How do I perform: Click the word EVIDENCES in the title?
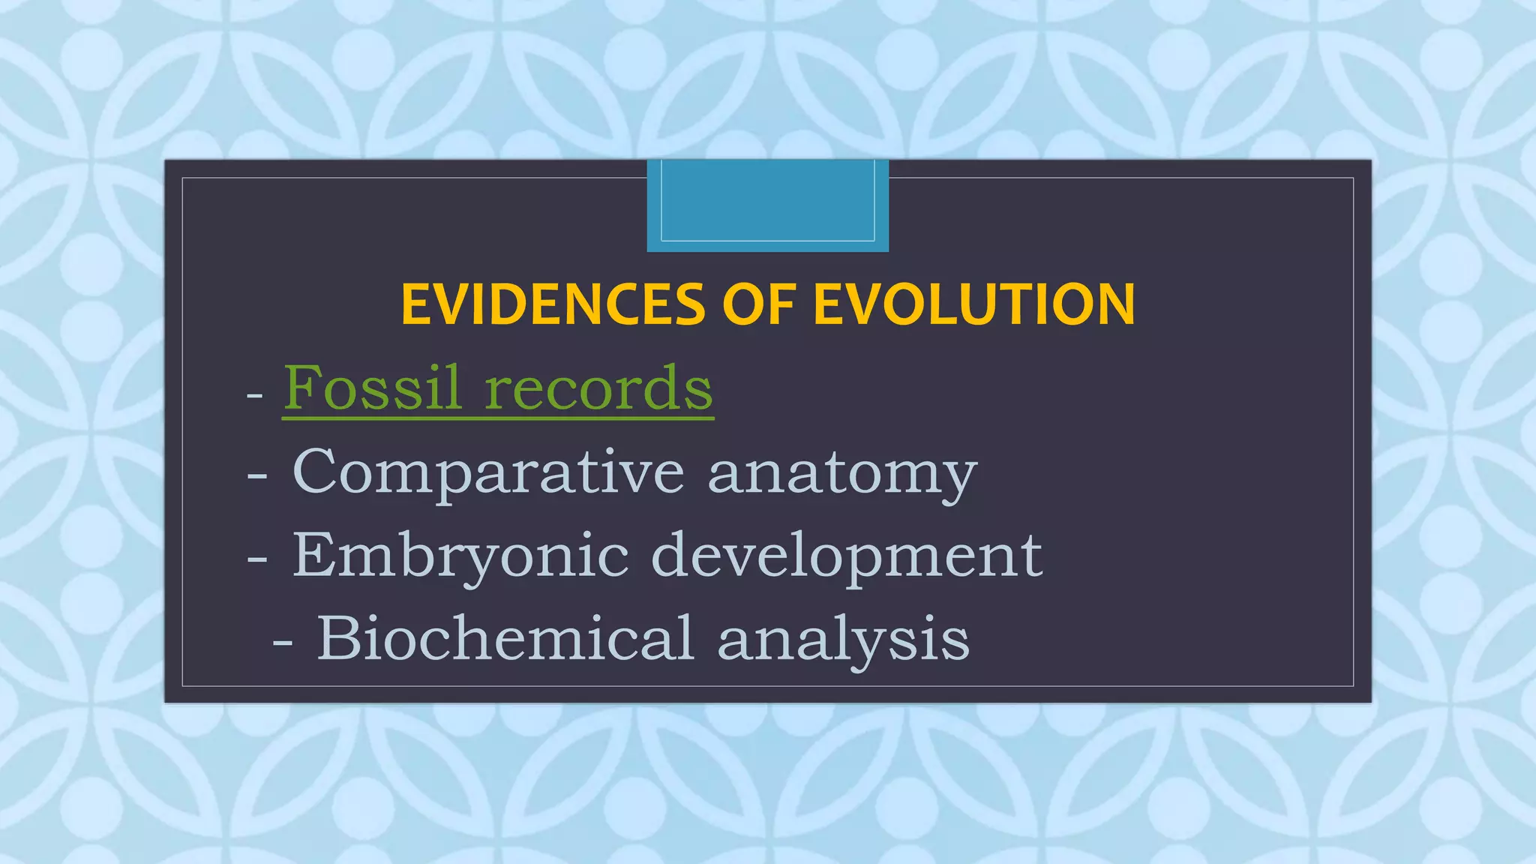pyautogui.click(x=553, y=305)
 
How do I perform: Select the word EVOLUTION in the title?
pyautogui.click(x=974, y=305)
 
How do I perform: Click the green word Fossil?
pyautogui.click(x=372, y=388)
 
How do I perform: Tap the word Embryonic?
pyautogui.click(x=460, y=556)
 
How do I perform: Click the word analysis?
pyautogui.click(x=843, y=640)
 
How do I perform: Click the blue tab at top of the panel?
pyautogui.click(x=767, y=205)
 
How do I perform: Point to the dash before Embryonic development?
pyautogui.click(x=257, y=559)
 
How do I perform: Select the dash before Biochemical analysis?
pyautogui.click(x=282, y=643)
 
